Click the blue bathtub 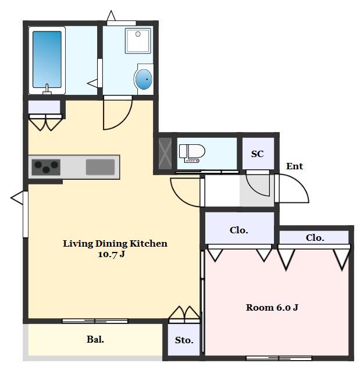pos(47,60)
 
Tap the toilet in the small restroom pos(192,153)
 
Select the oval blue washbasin pos(144,79)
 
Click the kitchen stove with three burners pos(46,167)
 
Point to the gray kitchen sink pos(100,167)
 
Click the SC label pos(257,154)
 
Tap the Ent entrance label pos(294,166)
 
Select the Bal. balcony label pos(95,339)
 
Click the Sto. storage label pos(184,340)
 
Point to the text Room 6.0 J pos(272,308)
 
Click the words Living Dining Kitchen pos(115,243)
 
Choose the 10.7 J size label pos(111,254)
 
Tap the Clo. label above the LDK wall pos(239,230)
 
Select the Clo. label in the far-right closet pos(315,237)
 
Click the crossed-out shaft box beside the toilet pos(165,154)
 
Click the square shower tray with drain pos(138,41)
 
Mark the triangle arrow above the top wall pos(111,16)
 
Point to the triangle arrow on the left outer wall pos(17,197)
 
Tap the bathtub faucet pos(47,90)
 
